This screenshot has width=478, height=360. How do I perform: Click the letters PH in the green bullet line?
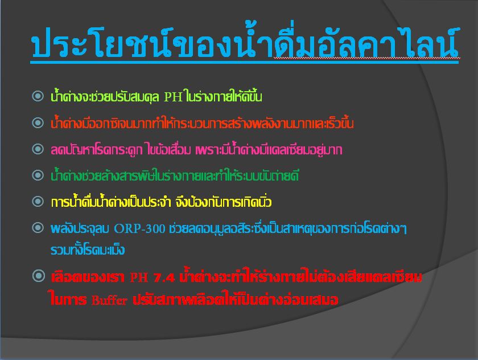pos(173,97)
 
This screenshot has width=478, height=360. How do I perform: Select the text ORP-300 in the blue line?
pos(139,228)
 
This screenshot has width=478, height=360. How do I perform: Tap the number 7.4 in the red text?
pos(164,277)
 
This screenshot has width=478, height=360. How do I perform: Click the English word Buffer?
pos(109,300)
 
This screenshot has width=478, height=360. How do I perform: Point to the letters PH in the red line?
pos(139,277)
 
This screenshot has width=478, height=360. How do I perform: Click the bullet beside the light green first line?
pos(38,96)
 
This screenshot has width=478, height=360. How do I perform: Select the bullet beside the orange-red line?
pos(38,122)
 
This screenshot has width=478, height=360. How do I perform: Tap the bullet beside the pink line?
pos(38,149)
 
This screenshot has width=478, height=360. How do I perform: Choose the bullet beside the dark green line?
pos(38,175)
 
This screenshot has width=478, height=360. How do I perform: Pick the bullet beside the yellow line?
pos(38,201)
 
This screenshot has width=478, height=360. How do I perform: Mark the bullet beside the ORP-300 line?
pos(38,228)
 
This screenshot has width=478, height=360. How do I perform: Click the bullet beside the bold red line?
pos(39,276)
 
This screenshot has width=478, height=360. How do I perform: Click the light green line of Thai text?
pos(156,96)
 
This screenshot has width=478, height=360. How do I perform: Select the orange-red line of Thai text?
pos(202,122)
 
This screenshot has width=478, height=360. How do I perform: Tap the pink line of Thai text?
pos(196,149)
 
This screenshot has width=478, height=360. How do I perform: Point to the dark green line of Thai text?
pos(175,175)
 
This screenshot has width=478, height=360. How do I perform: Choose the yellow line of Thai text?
pos(161,202)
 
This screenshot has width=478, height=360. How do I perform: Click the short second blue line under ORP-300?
pos(88,249)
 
